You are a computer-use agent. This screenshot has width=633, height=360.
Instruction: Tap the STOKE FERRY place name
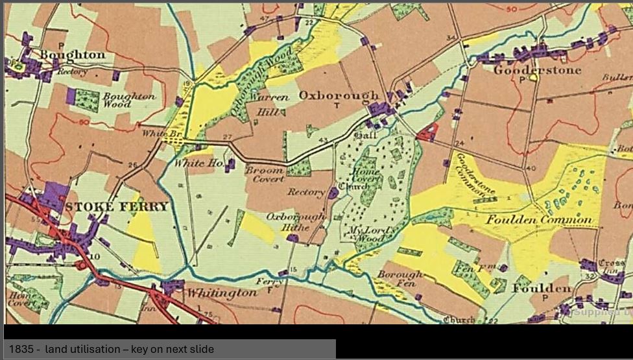coord(117,207)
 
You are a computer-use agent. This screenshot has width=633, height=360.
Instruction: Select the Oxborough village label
coord(338,95)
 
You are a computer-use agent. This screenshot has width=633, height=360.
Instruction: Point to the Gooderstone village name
coord(537,69)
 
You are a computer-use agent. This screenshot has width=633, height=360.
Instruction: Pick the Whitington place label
coord(222,293)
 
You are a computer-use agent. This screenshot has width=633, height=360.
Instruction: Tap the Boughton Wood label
coord(128,100)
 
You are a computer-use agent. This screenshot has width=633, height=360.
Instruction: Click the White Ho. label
coord(194,163)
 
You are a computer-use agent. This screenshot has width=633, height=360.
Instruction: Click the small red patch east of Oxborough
coord(427,133)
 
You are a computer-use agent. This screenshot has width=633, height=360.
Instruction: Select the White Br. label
coord(156,134)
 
